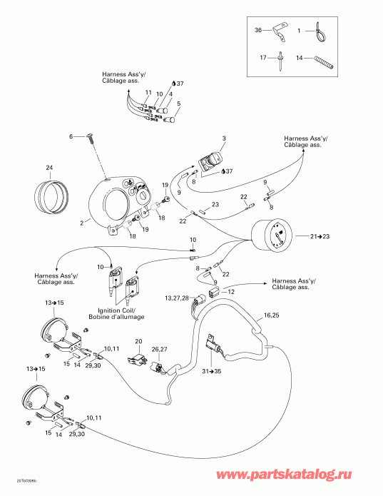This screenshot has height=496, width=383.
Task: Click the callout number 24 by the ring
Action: click(x=49, y=168)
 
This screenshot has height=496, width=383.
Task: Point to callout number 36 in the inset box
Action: click(x=258, y=30)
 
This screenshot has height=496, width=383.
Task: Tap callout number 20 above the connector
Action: click(x=138, y=341)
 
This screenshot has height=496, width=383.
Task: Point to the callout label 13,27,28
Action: click(x=176, y=298)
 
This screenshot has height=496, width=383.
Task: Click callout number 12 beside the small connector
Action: click(x=230, y=291)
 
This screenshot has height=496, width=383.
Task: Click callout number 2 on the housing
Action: click(x=82, y=223)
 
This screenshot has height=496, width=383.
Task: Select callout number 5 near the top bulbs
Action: click(x=179, y=103)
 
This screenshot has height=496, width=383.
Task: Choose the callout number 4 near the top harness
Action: click(x=170, y=93)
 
